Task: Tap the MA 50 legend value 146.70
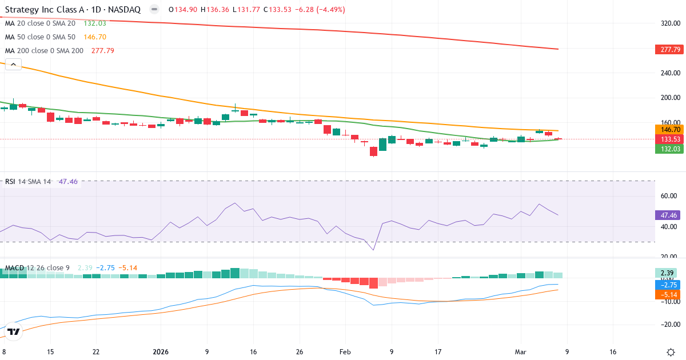point(95,37)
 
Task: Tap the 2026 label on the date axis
point(161,352)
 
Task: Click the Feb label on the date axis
point(345,352)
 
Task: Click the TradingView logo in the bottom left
point(14,331)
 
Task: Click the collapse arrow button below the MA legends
point(13,65)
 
